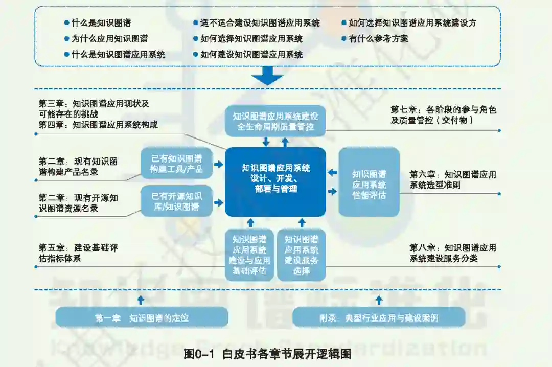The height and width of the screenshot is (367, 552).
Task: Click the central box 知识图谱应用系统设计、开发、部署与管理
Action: (x=275, y=181)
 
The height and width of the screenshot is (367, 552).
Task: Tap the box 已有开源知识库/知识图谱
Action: (x=177, y=201)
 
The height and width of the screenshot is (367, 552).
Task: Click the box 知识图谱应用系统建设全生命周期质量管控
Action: (x=275, y=121)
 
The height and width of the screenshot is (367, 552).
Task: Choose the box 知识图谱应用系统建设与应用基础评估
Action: (x=249, y=255)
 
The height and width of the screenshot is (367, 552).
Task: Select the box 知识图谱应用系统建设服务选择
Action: (x=302, y=255)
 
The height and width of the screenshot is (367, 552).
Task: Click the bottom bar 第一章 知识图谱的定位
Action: (x=142, y=317)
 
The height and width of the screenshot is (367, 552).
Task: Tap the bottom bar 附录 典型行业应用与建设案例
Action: (x=379, y=317)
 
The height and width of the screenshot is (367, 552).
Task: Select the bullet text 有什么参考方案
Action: (x=378, y=38)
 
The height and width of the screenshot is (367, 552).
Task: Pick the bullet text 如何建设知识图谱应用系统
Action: (x=251, y=54)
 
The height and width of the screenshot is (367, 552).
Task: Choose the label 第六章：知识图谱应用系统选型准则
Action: (x=453, y=179)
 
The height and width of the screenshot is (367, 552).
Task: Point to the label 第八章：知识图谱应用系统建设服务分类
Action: (x=453, y=253)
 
